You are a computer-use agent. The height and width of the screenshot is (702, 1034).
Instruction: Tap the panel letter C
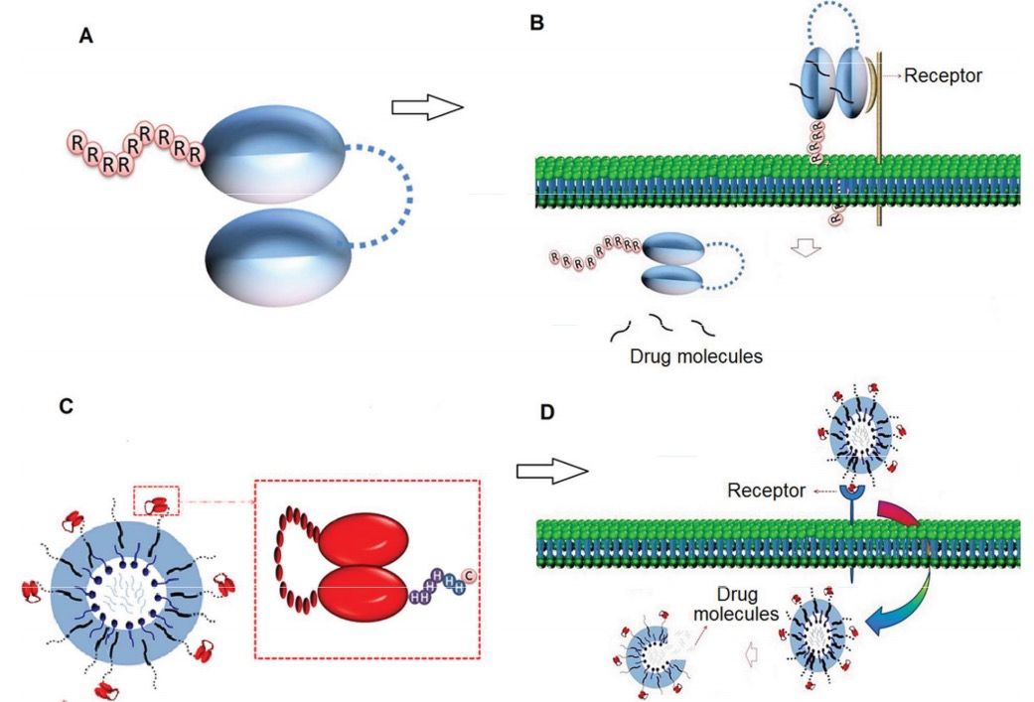(x=67, y=408)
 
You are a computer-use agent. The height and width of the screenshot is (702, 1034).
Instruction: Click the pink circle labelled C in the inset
(x=470, y=575)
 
